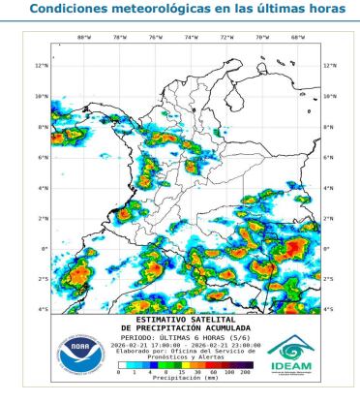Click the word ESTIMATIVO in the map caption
coord(163,317)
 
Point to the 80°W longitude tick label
coord(83,39)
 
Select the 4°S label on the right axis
coord(329,310)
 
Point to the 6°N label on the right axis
coord(329,157)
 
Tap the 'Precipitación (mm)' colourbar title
coord(182,380)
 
